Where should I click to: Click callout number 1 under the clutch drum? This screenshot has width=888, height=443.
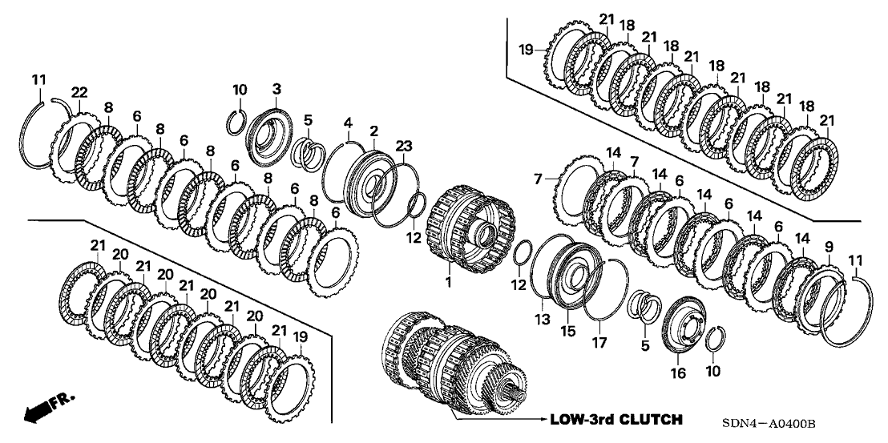point(449,282)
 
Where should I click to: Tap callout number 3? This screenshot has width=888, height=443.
point(276,87)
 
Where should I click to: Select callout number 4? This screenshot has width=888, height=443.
point(348,122)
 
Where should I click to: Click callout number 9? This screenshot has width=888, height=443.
point(829,245)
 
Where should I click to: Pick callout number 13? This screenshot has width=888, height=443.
point(542,319)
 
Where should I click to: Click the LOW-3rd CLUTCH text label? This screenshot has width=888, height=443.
point(616,419)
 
